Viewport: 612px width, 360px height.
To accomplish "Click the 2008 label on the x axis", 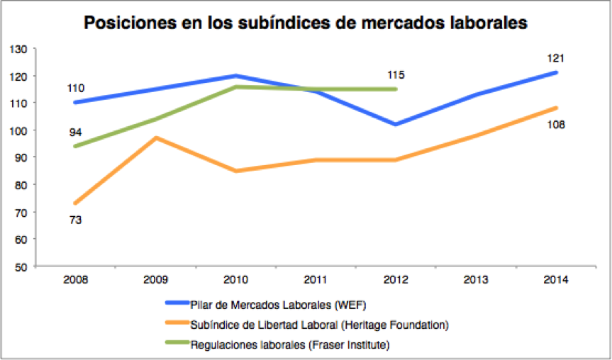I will [x=76, y=280].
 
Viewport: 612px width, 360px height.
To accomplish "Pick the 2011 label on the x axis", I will [x=316, y=280].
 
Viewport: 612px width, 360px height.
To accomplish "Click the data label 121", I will [x=555, y=58].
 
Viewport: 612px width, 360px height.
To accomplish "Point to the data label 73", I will [x=76, y=220].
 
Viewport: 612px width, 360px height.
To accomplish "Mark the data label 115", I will [x=396, y=74].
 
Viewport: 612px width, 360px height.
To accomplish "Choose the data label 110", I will [x=76, y=89].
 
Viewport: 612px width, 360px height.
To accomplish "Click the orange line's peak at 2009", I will [x=156, y=137].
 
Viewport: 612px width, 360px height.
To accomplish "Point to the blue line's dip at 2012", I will [x=396, y=125].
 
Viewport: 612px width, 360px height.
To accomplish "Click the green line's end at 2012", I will [x=396, y=89].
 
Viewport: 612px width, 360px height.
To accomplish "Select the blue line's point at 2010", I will [x=236, y=76].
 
